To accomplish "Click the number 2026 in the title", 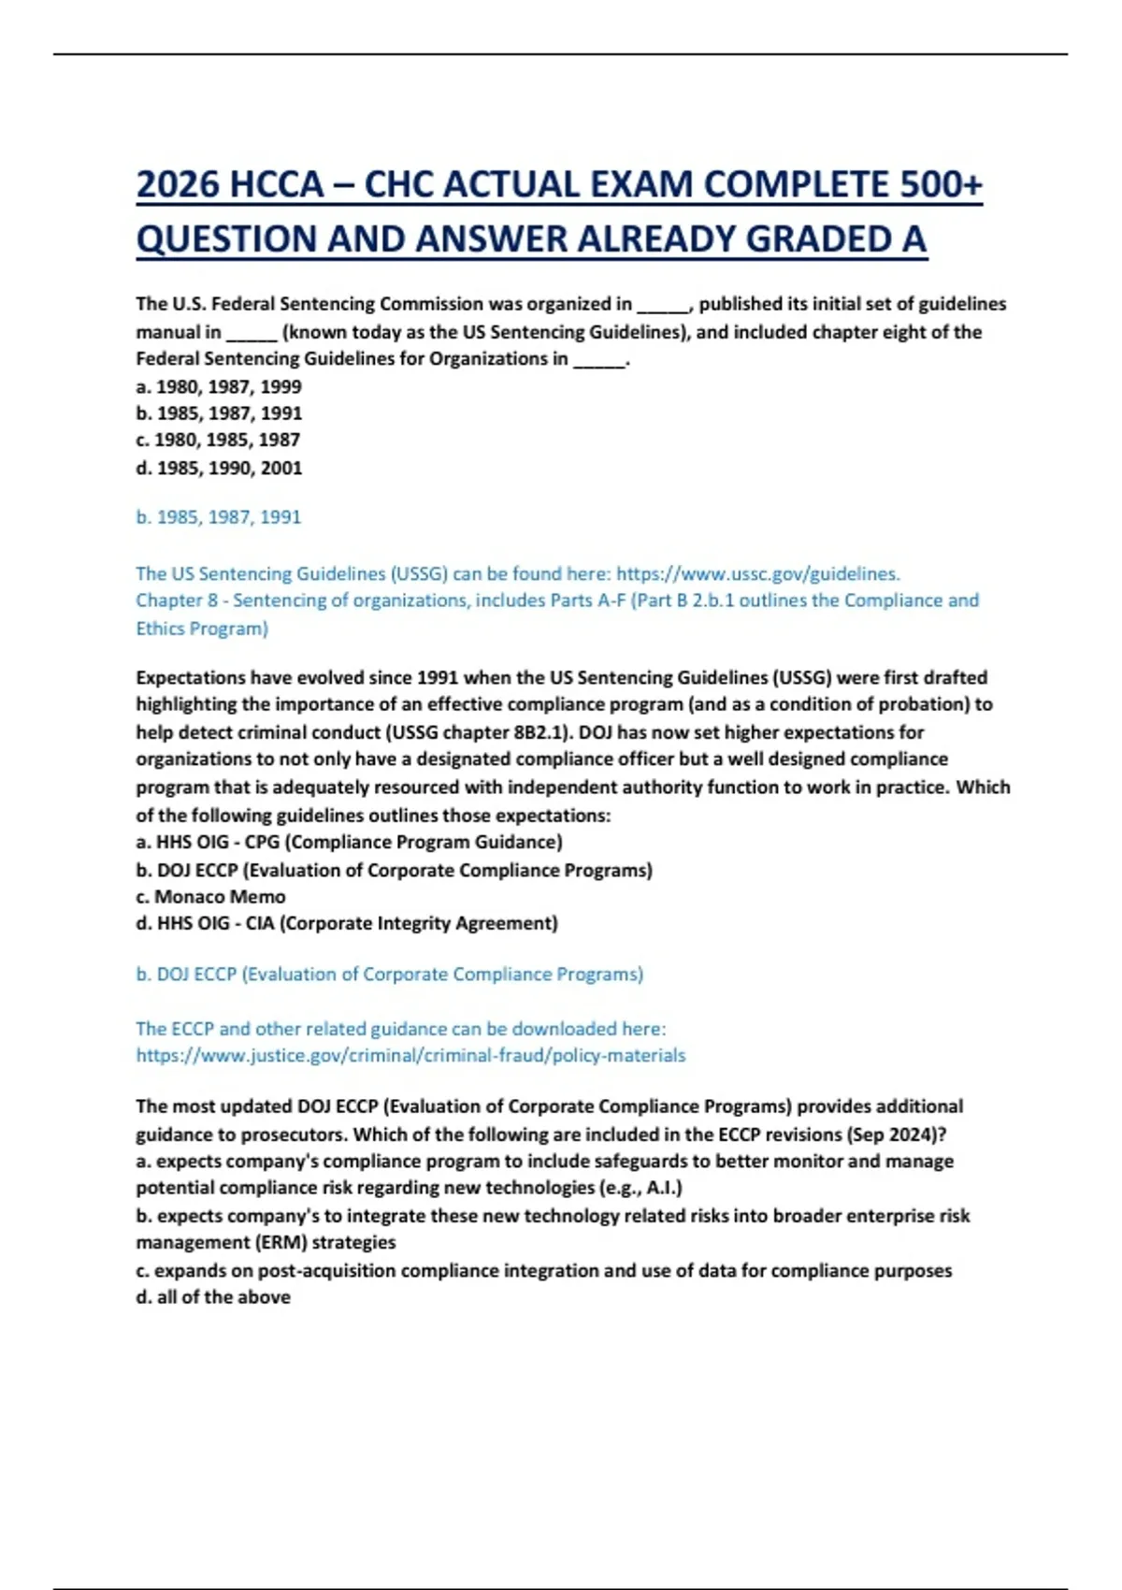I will pyautogui.click(x=178, y=184).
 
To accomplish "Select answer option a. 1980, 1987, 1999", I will pyautogui.click(x=219, y=386).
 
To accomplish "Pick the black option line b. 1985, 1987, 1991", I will pyautogui.click(x=219, y=413).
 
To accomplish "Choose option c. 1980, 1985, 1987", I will pyautogui.click(x=218, y=440).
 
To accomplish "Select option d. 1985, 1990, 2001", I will pyautogui.click(x=219, y=468).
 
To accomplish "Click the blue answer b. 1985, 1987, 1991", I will pyautogui.click(x=219, y=517).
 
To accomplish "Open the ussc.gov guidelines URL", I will pyautogui.click(x=758, y=573).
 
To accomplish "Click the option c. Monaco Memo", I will pyautogui.click(x=211, y=896).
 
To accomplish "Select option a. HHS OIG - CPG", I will pyautogui.click(x=349, y=842).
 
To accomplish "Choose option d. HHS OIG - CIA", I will pyautogui.click(x=347, y=923).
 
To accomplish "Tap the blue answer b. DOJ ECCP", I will pyautogui.click(x=389, y=974).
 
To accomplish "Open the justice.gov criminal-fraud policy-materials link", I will pyautogui.click(x=410, y=1055).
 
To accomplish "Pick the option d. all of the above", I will pyautogui.click(x=213, y=1297).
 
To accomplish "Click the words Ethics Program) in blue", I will pyautogui.click(x=202, y=629).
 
